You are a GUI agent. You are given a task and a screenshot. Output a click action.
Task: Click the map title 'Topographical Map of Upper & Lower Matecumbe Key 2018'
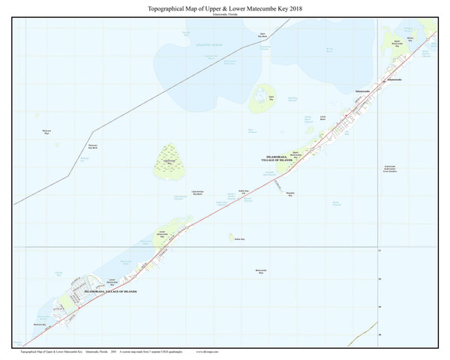(x=225, y=7)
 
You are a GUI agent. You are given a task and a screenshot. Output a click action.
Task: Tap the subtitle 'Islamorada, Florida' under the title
(x=225, y=13)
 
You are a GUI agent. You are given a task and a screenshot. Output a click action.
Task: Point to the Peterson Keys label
(x=46, y=132)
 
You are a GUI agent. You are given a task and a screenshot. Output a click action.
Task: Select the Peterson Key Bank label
(x=93, y=146)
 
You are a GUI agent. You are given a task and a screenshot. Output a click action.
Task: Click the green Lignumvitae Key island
(x=168, y=160)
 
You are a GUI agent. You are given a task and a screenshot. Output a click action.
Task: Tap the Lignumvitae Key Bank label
(x=199, y=193)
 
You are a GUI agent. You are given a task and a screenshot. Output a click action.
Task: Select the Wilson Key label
(x=409, y=38)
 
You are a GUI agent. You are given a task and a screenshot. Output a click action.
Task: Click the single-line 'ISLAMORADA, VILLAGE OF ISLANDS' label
(x=111, y=290)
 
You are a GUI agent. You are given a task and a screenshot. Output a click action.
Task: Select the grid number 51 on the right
(x=379, y=251)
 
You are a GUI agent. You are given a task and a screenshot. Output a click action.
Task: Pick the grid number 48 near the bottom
(x=379, y=334)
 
